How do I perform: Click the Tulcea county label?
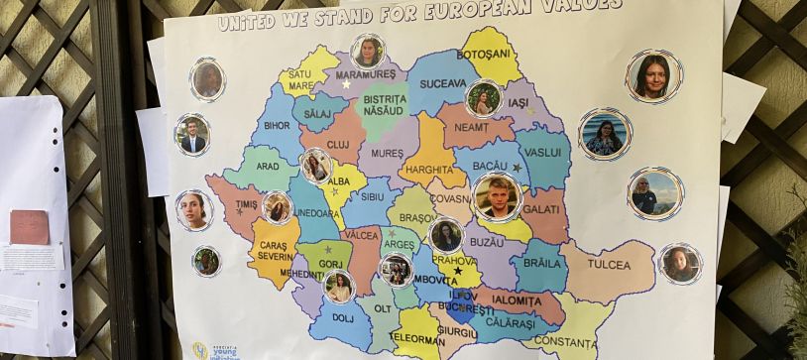click(x=608, y=265)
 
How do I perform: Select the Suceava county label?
click(x=442, y=83)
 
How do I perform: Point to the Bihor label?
click(x=277, y=126)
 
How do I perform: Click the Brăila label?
click(x=541, y=265)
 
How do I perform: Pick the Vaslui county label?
click(x=543, y=153)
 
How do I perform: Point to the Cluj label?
click(x=339, y=144)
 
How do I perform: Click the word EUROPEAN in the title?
click(x=474, y=12)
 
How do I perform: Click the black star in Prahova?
click(x=457, y=270)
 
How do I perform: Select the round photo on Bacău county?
click(x=497, y=195)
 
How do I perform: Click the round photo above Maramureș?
click(x=368, y=52)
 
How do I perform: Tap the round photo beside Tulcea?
click(x=681, y=263)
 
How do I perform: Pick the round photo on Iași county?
click(x=484, y=98)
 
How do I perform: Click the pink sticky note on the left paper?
click(x=29, y=227)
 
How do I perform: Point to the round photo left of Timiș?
click(x=194, y=209)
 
